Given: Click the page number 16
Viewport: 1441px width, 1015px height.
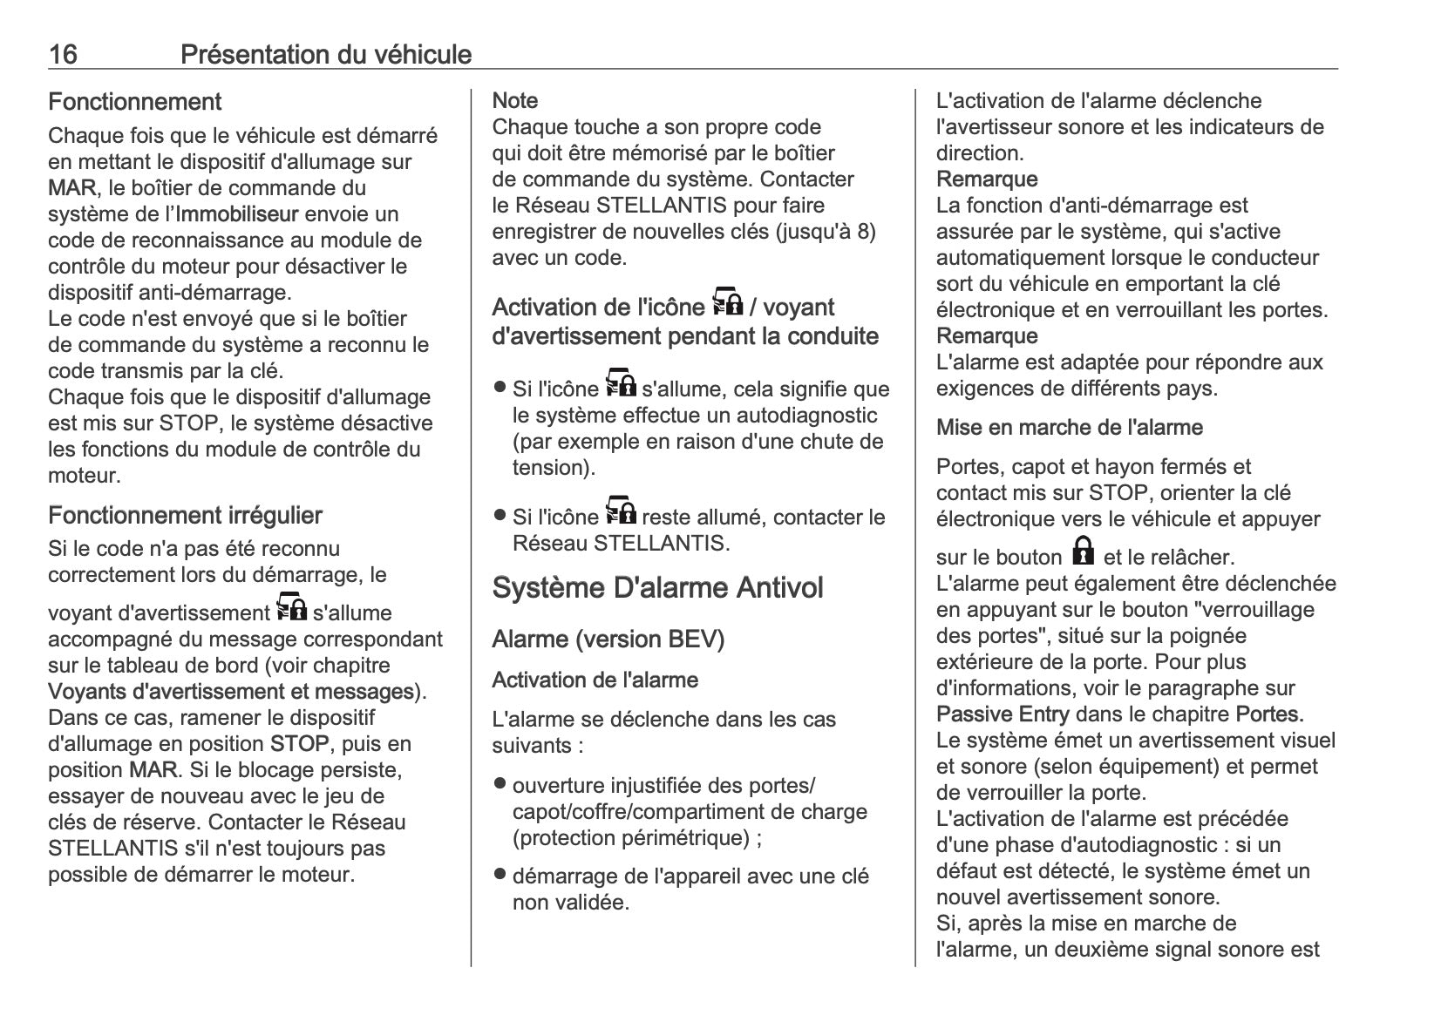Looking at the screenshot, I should [x=63, y=55].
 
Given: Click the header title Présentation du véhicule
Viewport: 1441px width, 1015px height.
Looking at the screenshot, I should [x=325, y=55].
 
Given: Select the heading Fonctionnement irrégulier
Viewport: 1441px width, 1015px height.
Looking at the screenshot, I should [x=185, y=515].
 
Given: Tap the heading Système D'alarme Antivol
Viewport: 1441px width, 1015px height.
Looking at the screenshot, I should [x=657, y=587].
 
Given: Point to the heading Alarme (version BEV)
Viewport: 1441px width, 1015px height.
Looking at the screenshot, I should [x=608, y=639].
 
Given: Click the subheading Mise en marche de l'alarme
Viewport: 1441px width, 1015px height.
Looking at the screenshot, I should [x=1069, y=427].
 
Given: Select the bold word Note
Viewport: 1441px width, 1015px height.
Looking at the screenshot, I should [x=514, y=100].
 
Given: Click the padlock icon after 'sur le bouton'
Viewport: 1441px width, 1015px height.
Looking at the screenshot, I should [x=1083, y=551].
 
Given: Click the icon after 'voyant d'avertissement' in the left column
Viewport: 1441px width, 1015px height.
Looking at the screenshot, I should [x=291, y=607].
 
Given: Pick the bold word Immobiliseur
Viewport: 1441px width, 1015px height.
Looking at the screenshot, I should [x=237, y=213].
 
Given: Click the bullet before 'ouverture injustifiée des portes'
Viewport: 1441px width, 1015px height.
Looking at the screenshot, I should [x=500, y=783].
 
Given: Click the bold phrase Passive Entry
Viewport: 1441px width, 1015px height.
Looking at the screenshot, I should [x=1002, y=714].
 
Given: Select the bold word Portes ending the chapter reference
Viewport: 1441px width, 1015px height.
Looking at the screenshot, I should [x=1269, y=714].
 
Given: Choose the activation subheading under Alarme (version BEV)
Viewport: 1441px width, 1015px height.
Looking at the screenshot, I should [x=595, y=680].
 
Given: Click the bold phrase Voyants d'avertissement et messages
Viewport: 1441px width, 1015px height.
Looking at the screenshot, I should [x=231, y=692].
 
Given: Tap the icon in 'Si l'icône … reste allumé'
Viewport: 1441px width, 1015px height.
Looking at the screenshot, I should [x=621, y=511].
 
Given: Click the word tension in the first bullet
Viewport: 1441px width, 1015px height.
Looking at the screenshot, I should [x=551, y=468].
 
